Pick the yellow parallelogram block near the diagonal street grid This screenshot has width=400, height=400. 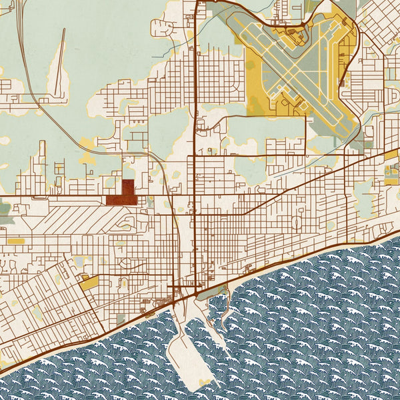pos(89,283)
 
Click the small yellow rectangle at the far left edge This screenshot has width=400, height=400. pos(15,240)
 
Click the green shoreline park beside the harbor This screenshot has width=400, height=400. pos(212,292)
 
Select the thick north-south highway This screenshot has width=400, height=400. pos(194,133)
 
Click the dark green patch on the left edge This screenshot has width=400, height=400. pos(4,208)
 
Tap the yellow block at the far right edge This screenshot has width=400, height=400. pos(391,175)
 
